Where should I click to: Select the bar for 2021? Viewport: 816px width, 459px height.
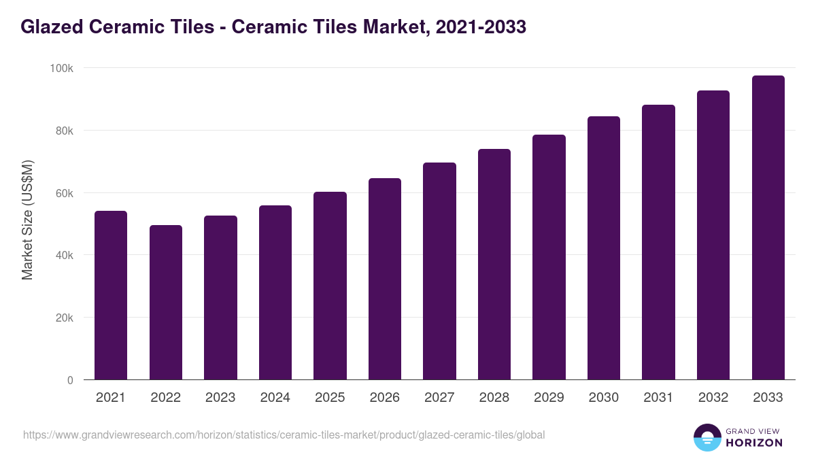click(111, 295)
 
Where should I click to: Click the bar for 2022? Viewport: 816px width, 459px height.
click(166, 303)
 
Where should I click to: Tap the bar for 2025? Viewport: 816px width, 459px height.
click(330, 286)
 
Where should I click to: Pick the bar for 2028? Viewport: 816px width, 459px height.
click(494, 265)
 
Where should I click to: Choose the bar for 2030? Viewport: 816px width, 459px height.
click(604, 248)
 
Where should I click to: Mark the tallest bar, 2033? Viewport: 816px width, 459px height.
click(768, 228)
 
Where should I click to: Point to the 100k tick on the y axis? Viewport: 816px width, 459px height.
click(61, 68)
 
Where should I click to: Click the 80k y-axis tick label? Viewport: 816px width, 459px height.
click(63, 131)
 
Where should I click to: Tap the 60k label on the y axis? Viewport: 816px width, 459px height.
click(63, 193)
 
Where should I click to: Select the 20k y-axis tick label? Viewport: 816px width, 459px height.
click(63, 318)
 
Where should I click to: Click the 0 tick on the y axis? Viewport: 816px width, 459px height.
click(70, 380)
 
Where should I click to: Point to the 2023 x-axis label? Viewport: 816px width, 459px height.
click(220, 398)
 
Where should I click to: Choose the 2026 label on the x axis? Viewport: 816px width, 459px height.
click(385, 398)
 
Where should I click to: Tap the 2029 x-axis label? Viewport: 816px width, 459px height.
click(549, 398)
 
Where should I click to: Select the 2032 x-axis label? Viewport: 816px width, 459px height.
click(713, 398)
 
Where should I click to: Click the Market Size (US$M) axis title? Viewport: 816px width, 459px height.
click(27, 219)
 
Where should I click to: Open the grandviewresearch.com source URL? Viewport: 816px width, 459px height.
click(284, 435)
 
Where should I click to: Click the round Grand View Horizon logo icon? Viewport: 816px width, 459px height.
click(707, 437)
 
